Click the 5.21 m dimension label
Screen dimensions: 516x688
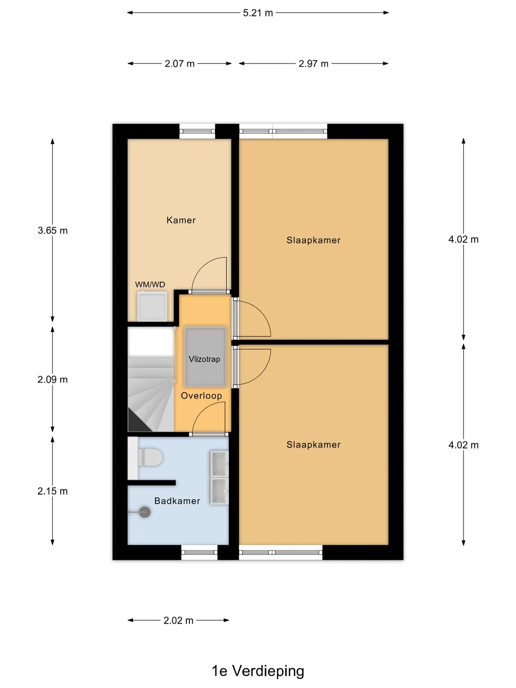click(x=258, y=13)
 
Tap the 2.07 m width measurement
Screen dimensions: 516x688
click(x=180, y=64)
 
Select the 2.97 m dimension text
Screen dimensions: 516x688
click(x=314, y=64)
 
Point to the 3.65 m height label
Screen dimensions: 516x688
click(x=53, y=230)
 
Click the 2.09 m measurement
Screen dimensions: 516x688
click(x=53, y=379)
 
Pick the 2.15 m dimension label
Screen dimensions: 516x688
click(x=53, y=491)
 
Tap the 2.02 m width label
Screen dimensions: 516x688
click(x=178, y=620)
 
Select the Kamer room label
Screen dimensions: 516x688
click(x=181, y=220)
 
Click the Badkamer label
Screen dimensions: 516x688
click(x=177, y=501)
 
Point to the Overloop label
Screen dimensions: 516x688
click(x=201, y=396)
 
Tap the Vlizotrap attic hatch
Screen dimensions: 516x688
click(x=205, y=357)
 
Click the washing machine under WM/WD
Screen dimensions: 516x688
click(x=152, y=306)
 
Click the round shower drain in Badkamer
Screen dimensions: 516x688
click(x=144, y=512)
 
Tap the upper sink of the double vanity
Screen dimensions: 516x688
click(x=219, y=464)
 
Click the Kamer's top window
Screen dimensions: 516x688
click(x=197, y=132)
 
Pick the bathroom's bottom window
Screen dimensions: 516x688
click(x=199, y=553)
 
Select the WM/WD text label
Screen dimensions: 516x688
click(x=150, y=285)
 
